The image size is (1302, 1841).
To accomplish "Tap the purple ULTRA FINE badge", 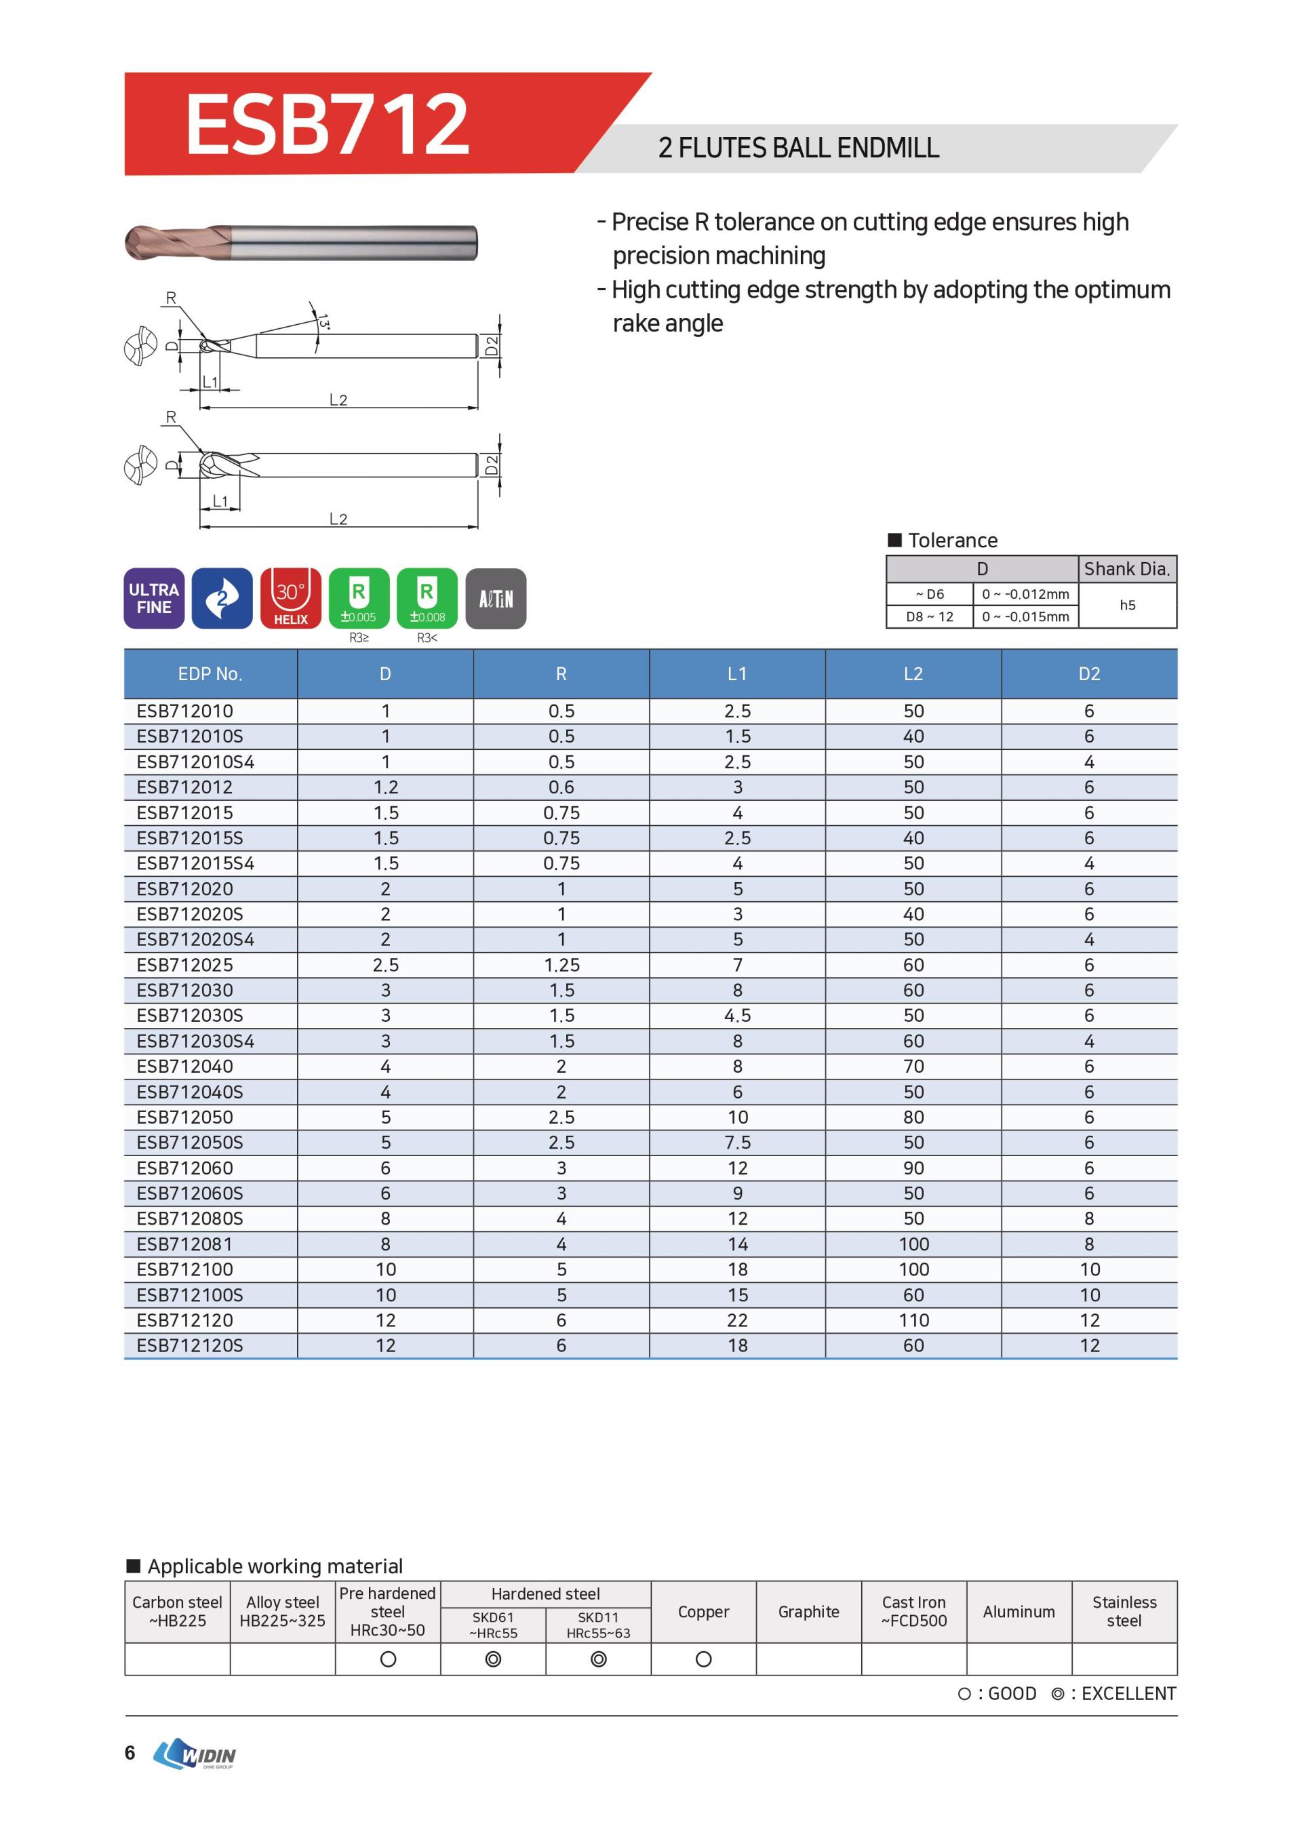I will pyautogui.click(x=154, y=598).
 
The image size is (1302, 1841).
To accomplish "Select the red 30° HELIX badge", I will pyautogui.click(x=290, y=598).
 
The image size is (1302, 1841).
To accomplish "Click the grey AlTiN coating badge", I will pyautogui.click(x=496, y=598).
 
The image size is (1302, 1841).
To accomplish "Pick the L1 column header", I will pyautogui.click(x=737, y=673).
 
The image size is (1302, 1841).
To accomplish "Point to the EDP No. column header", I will pyautogui.click(x=210, y=673).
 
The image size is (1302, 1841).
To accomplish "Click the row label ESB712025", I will pyautogui.click(x=185, y=965).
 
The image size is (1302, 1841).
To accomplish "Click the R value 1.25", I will pyautogui.click(x=561, y=965).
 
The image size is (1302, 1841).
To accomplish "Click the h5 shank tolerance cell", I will pyautogui.click(x=1127, y=606).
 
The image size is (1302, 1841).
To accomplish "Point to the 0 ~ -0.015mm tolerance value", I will pyautogui.click(x=1025, y=616).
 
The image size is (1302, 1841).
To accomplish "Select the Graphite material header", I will pyautogui.click(x=808, y=1612).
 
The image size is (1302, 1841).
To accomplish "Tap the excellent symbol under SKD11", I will pyautogui.click(x=598, y=1659).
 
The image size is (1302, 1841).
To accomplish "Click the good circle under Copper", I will pyautogui.click(x=703, y=1659).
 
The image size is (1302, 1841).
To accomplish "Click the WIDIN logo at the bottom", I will pyautogui.click(x=197, y=1754).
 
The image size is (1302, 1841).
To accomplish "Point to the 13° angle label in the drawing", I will pyautogui.click(x=323, y=321).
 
